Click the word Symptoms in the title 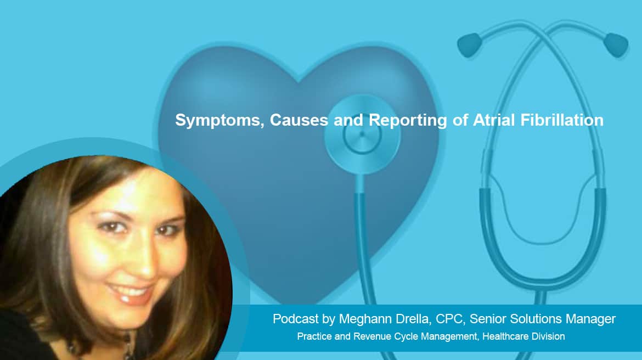[x=220, y=120]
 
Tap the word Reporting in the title [x=408, y=120]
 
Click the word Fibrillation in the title [x=562, y=120]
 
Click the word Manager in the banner [x=590, y=319]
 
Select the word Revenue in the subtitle [x=371, y=336]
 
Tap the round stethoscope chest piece [x=362, y=135]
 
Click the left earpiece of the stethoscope [x=470, y=44]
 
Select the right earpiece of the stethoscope [x=616, y=44]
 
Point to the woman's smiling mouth [x=130, y=293]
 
